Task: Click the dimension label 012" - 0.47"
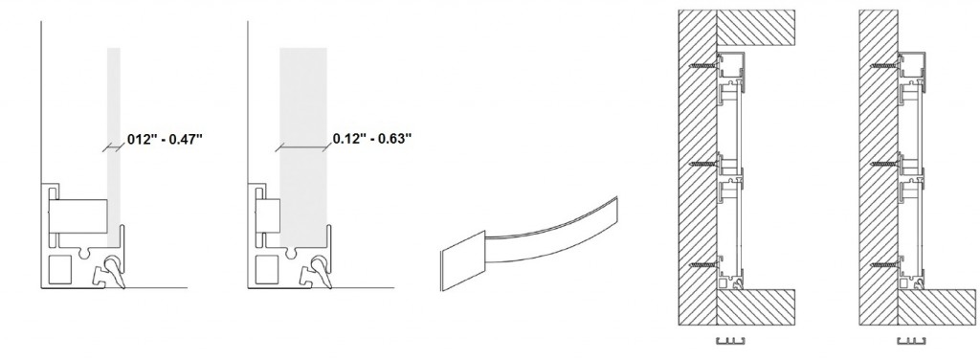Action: [x=165, y=139]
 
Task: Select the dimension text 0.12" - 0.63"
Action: [x=372, y=138]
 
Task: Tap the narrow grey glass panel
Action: [x=114, y=146]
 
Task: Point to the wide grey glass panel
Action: [x=303, y=146]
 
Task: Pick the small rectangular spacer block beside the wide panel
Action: [x=268, y=216]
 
